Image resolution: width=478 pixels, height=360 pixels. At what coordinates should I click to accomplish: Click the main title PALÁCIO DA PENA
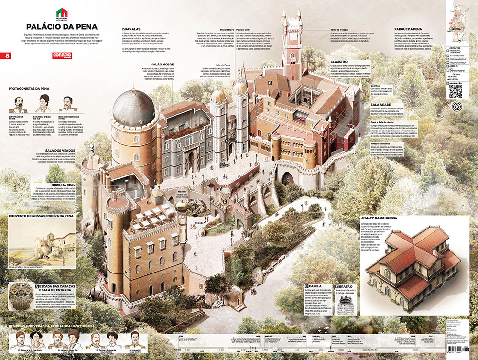[56, 27]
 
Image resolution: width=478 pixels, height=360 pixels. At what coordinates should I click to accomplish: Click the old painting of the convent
[42, 243]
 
